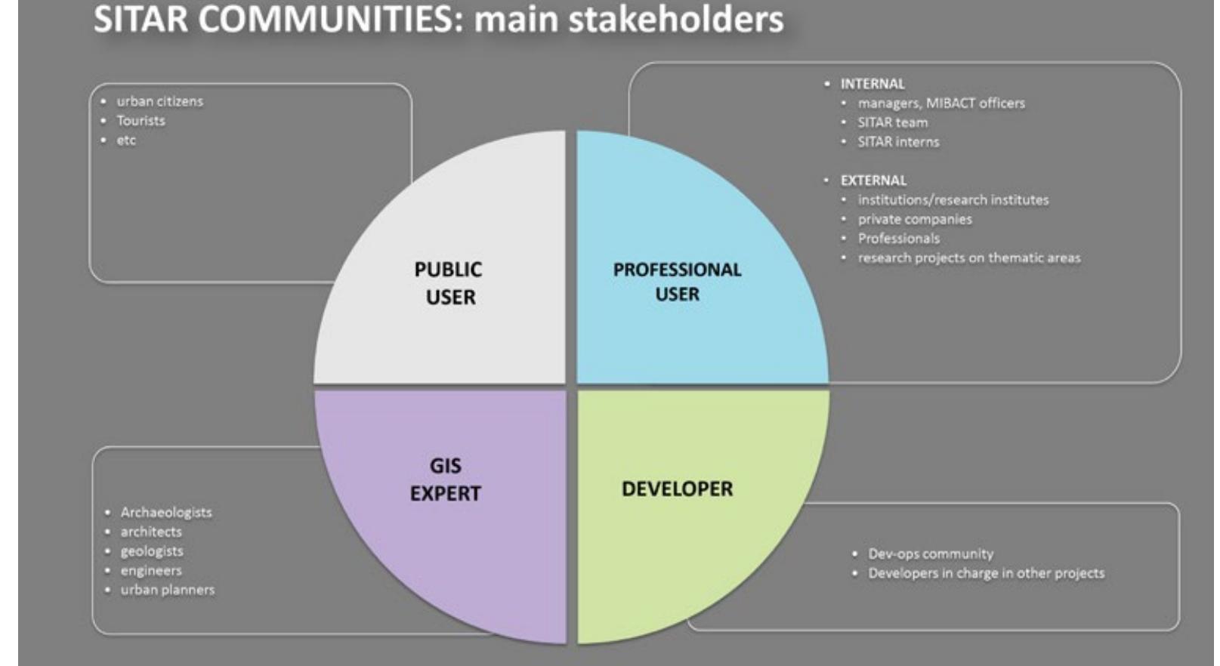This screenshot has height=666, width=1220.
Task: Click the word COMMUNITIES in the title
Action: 325,19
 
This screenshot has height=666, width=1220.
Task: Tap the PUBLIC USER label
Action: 449,283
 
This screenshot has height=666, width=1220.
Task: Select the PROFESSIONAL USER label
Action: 677,282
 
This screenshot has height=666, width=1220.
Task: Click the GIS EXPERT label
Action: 446,479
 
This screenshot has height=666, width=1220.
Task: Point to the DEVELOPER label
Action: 677,489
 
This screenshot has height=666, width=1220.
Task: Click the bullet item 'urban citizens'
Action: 159,101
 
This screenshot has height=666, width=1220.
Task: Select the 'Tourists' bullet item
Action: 141,120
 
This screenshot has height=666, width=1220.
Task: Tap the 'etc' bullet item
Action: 126,140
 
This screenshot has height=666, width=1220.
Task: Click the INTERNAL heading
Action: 872,84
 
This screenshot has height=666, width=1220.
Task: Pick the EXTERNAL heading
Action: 873,180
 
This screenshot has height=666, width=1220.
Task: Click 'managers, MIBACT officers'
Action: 941,103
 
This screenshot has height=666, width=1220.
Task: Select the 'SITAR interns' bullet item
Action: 898,142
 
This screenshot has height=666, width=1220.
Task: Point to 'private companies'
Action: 915,219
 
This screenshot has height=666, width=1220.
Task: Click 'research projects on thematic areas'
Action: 969,257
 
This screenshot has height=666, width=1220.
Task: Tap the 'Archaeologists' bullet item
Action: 166,513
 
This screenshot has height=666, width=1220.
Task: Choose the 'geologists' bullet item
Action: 152,551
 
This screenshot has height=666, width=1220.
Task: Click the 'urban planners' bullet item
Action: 168,590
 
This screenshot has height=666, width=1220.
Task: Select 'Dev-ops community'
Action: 930,553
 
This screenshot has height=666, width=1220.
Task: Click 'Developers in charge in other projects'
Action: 986,573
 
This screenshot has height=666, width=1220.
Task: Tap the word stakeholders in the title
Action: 676,19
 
